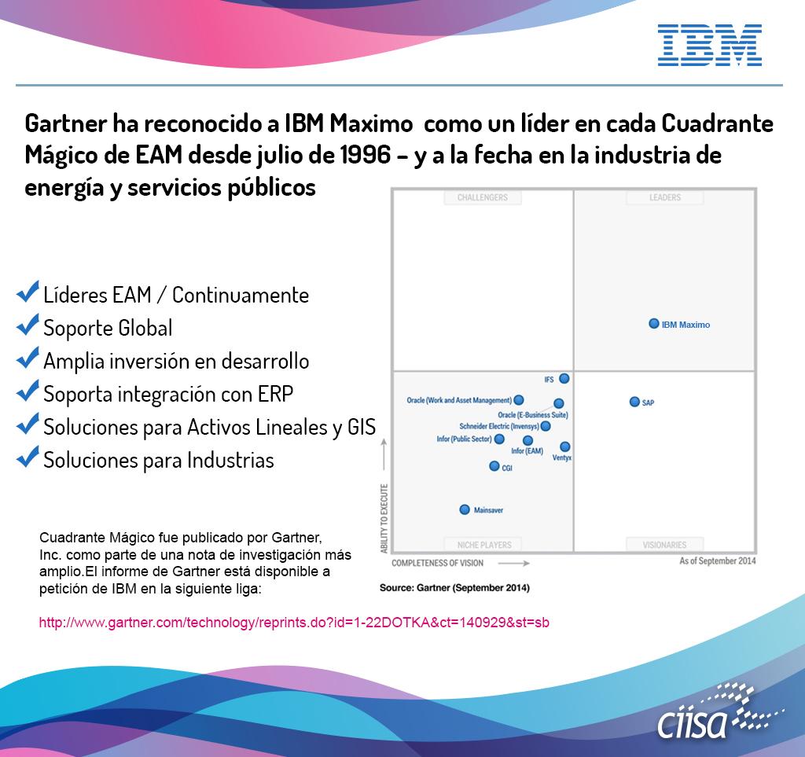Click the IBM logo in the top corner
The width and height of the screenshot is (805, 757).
pos(710,45)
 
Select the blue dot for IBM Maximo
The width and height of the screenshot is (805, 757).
pos(653,323)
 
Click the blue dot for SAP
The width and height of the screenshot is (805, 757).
pos(634,402)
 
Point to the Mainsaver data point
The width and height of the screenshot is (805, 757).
pos(465,509)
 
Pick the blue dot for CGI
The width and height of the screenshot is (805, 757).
pos(494,466)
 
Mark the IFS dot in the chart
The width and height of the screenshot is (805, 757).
pos(564,379)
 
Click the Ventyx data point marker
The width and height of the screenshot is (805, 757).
pos(564,446)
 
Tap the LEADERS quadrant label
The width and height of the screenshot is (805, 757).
pos(665,197)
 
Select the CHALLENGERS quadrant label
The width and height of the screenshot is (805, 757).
pos(483,197)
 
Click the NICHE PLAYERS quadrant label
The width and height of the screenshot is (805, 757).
pos(484,545)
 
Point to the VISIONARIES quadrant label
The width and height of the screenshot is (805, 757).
pos(664,545)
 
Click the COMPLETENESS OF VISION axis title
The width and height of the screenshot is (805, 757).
pos(437,563)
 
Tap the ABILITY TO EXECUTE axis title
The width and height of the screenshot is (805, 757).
pos(384,518)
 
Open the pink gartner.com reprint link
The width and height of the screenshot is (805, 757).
pos(294,623)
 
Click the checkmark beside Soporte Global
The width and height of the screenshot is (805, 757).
pos(28,325)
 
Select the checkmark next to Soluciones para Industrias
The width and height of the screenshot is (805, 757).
pos(28,457)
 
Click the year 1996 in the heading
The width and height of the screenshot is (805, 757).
pos(366,155)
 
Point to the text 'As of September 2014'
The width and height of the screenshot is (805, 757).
pos(718,561)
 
